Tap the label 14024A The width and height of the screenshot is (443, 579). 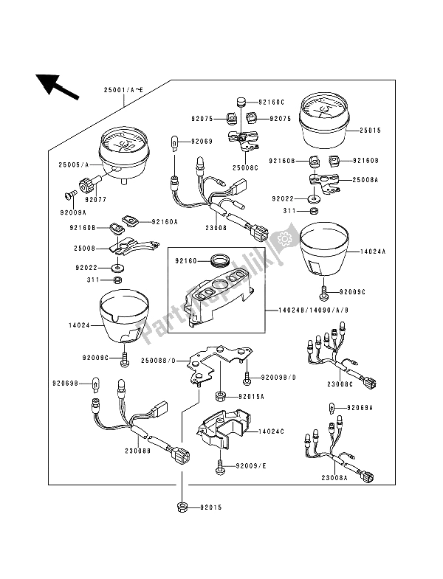(x=373, y=251)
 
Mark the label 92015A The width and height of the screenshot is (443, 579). (x=251, y=396)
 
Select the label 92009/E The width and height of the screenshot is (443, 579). (x=250, y=467)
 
